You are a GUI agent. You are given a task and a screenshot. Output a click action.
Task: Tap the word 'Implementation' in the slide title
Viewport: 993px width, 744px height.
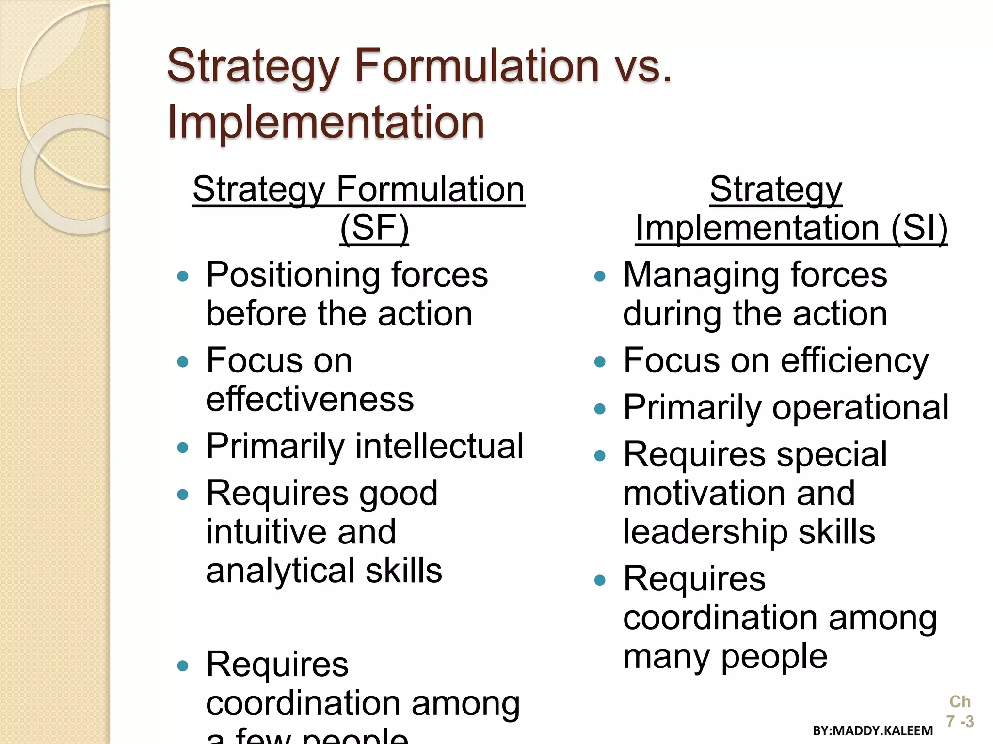coord(326,122)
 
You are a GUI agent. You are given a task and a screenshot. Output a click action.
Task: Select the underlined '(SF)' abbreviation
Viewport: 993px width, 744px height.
coord(374,228)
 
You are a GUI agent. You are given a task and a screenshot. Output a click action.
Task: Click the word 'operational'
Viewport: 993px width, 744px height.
coord(860,408)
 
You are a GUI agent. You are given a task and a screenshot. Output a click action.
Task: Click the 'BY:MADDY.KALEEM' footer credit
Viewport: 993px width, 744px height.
coord(873,730)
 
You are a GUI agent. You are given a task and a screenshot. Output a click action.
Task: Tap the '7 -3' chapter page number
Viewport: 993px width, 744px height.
coord(960,722)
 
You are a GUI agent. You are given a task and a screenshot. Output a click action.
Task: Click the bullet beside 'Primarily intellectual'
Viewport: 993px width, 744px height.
coord(183,447)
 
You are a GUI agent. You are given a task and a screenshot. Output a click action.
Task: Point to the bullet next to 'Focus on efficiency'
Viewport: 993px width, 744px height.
coord(600,362)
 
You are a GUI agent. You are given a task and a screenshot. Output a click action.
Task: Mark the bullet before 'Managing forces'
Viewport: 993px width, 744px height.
coord(600,277)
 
